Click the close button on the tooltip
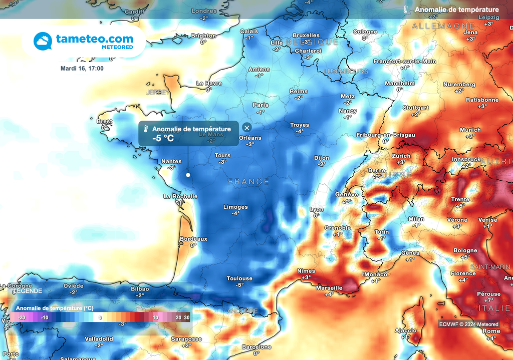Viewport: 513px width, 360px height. [x=246, y=128]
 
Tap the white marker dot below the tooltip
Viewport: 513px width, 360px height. [x=188, y=175]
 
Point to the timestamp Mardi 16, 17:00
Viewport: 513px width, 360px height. [x=82, y=68]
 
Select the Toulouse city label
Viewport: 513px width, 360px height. [x=239, y=278]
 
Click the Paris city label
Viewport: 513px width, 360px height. [x=261, y=105]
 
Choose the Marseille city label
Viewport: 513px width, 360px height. [x=329, y=288]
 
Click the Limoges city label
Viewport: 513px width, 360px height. [x=235, y=207]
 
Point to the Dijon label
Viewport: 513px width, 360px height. [x=322, y=158]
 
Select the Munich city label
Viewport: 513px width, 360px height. [x=470, y=130]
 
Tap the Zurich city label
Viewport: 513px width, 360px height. [x=401, y=156]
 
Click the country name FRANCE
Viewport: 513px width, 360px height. [x=249, y=182]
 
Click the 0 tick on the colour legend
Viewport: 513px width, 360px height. [x=100, y=317]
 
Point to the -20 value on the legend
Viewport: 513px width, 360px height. [x=22, y=317]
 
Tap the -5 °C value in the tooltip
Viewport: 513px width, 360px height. [x=163, y=139]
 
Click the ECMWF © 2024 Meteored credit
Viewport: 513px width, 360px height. [x=468, y=324]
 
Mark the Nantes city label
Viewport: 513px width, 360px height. [x=171, y=161]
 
